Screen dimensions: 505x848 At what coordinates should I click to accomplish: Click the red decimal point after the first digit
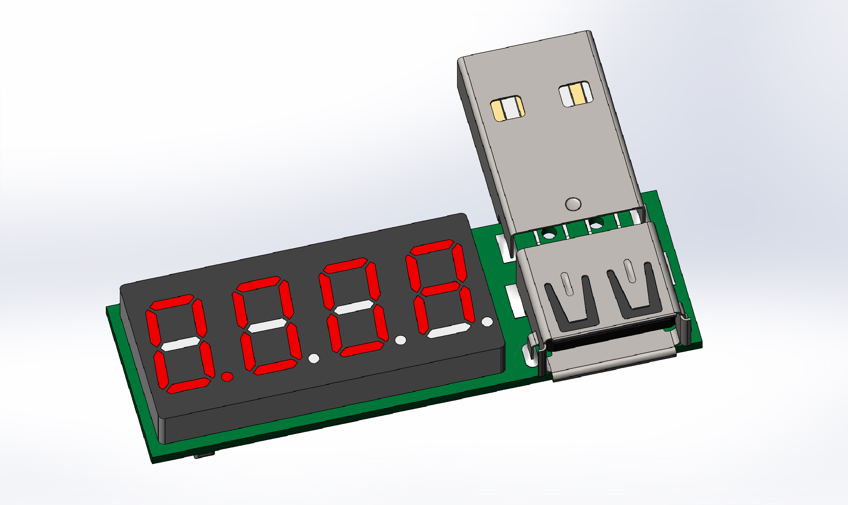tap(227, 376)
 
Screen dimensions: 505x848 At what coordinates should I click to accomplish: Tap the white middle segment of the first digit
tap(180, 344)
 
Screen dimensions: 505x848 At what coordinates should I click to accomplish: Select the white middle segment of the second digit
tap(268, 325)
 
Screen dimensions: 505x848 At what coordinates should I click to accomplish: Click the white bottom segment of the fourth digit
tap(448, 331)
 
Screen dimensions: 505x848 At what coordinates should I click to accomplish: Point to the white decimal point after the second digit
tap(314, 358)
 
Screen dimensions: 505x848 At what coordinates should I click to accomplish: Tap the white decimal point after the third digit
tap(400, 340)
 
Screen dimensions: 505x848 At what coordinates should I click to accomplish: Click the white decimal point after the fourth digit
tap(487, 322)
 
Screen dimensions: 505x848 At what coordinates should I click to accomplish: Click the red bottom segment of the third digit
tap(361, 349)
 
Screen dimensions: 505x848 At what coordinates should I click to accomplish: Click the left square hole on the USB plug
tap(507, 108)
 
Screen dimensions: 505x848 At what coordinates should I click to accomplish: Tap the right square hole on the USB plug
tap(576, 94)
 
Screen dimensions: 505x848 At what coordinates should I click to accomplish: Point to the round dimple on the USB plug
tap(573, 204)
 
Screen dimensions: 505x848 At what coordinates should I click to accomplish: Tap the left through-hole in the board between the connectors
tap(548, 234)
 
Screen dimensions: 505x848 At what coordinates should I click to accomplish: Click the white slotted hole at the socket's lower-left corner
tap(529, 355)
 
